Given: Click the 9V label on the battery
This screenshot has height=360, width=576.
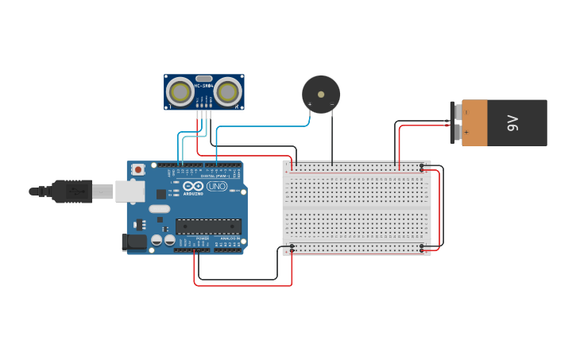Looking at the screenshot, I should click(x=513, y=123).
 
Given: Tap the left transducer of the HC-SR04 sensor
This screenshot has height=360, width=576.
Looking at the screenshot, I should click(x=180, y=92).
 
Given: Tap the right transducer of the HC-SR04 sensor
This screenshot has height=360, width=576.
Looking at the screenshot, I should click(x=228, y=92).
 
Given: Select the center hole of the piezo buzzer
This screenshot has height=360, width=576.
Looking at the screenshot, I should click(x=321, y=94).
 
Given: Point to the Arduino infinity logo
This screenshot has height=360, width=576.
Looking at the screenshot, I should click(x=192, y=185).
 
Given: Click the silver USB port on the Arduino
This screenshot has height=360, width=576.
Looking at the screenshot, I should click(x=130, y=192).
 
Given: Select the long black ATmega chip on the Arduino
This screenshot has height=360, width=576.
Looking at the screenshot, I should click(x=208, y=227).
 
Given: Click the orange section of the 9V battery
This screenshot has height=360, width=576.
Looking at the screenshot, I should click(x=474, y=123).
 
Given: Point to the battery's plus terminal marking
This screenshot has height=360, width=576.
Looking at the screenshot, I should click(x=466, y=132).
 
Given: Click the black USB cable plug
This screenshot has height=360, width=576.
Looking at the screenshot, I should click(x=72, y=192).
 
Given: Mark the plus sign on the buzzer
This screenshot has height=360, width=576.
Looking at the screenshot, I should click(x=310, y=104).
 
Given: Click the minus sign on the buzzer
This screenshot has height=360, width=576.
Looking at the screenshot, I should click(x=332, y=104).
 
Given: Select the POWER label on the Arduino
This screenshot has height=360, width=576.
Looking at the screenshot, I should click(x=202, y=238).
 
